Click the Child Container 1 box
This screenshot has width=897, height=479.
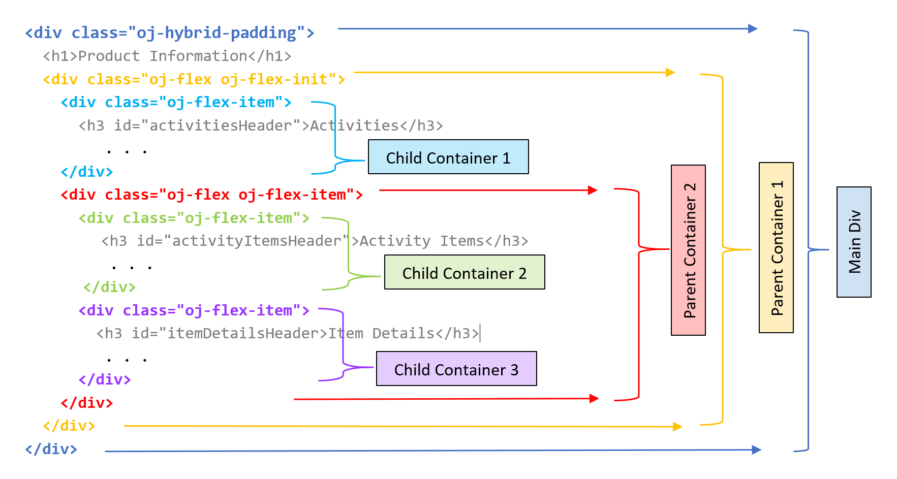click(448, 157)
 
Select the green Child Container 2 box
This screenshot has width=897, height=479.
click(464, 272)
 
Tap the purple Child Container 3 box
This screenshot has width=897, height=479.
click(456, 369)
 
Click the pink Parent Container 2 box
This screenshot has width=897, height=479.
click(688, 250)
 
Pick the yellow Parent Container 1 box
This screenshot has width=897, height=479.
click(776, 247)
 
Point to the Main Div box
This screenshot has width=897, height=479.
click(853, 242)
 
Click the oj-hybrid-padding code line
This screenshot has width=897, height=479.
click(169, 33)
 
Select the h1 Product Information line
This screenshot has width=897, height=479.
click(167, 56)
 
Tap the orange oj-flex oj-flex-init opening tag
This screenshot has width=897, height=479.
click(194, 80)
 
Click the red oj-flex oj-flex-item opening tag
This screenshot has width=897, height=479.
click(211, 195)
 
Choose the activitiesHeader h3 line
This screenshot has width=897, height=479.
click(260, 125)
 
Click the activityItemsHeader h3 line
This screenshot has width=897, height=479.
click(314, 241)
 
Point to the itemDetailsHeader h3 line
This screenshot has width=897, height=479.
click(287, 333)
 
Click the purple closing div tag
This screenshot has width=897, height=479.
click(105, 379)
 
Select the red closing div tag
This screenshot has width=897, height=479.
click(86, 403)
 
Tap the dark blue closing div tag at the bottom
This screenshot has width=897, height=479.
click(51, 449)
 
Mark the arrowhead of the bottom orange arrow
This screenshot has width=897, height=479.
click(677, 427)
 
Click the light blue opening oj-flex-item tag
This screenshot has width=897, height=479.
click(176, 103)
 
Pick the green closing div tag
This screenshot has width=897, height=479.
click(109, 287)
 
